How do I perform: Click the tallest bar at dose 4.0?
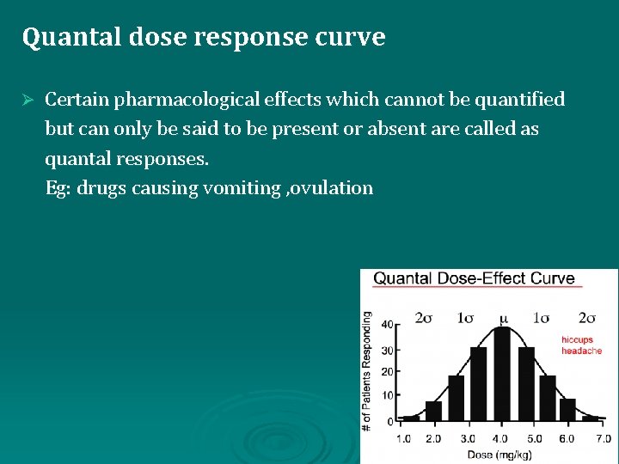[x=503, y=375]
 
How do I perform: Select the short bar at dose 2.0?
[x=433, y=412]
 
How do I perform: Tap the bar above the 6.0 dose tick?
[x=567, y=410]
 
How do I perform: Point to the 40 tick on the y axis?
[x=388, y=324]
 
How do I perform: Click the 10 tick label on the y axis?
[x=388, y=396]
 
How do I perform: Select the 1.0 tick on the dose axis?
[x=402, y=438]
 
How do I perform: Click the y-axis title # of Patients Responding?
[x=367, y=371]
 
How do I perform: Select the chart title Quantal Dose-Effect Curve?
[x=474, y=278]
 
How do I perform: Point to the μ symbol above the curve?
[x=504, y=319]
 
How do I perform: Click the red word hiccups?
[x=577, y=340]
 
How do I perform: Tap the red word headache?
[x=581, y=351]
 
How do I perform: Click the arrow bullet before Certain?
[x=28, y=100]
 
